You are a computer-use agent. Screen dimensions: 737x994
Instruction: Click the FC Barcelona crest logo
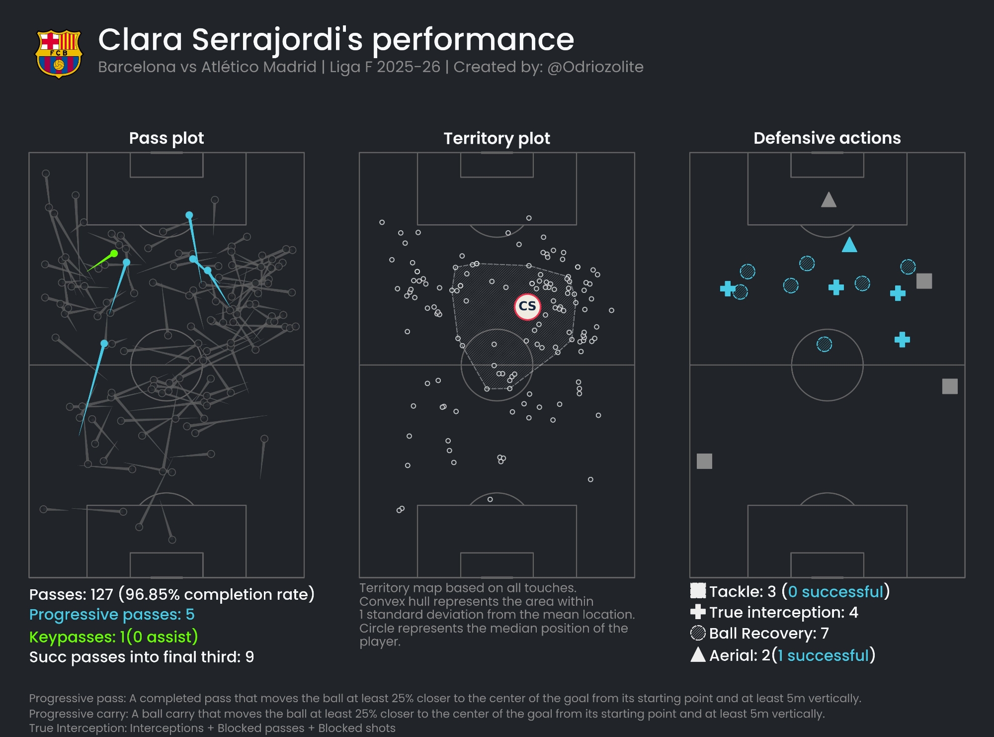point(59,54)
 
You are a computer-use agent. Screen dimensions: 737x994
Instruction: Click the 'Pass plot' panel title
point(166,138)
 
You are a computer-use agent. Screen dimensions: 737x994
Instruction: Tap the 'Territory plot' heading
point(497,138)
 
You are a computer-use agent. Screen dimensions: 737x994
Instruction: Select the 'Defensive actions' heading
point(827,138)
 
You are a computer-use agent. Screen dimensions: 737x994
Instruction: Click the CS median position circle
point(527,306)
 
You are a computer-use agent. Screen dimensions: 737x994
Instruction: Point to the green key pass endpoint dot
point(114,254)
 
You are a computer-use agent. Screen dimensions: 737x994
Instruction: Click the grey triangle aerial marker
point(828,200)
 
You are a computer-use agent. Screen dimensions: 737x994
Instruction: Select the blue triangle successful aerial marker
point(849,245)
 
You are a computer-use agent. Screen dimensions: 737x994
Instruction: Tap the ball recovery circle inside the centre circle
point(824,344)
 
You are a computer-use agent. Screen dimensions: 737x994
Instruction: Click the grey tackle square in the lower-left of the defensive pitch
point(704,461)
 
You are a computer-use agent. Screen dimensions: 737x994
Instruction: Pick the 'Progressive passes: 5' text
point(112,615)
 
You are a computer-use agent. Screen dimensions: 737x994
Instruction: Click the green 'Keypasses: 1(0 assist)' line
point(113,637)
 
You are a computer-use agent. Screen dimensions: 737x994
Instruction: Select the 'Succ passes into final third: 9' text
point(142,657)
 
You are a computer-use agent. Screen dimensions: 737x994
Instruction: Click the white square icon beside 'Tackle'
point(698,591)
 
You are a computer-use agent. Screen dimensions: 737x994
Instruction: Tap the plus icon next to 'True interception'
point(698,612)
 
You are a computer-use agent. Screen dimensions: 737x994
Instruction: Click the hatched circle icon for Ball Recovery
point(698,633)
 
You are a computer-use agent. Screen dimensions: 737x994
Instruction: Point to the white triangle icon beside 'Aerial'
point(698,655)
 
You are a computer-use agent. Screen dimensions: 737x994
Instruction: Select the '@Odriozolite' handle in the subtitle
point(595,67)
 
